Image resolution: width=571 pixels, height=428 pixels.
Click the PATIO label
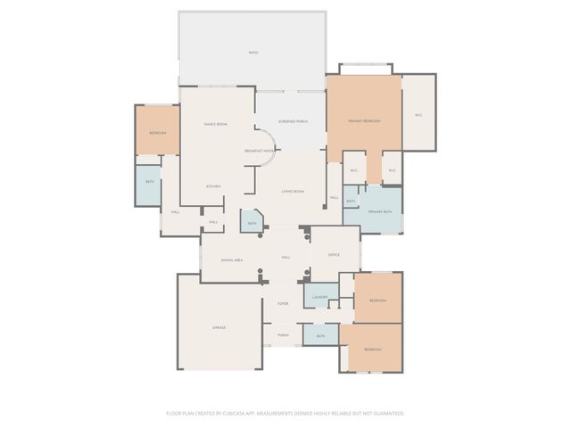coord(253,53)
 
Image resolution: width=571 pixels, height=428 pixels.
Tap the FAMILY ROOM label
coord(215,124)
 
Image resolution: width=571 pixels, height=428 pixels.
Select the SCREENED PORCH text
coord(292,120)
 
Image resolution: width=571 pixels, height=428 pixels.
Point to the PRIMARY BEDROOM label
coord(365,119)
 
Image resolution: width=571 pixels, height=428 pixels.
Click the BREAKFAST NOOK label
coord(259,151)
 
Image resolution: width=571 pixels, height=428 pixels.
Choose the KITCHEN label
coord(213,185)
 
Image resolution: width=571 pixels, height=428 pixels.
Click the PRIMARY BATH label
coord(380,211)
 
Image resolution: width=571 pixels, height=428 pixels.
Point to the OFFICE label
coord(334,255)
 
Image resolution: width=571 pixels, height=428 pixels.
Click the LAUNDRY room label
coord(320,297)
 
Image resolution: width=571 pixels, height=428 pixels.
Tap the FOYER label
coord(283,304)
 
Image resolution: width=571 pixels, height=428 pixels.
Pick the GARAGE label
coord(219,327)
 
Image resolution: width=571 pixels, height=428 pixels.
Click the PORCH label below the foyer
coord(283,335)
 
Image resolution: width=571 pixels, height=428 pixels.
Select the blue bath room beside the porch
coord(320,335)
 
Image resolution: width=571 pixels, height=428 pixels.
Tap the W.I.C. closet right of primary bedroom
coord(418,113)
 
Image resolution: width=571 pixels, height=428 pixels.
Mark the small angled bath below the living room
coord(252,222)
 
